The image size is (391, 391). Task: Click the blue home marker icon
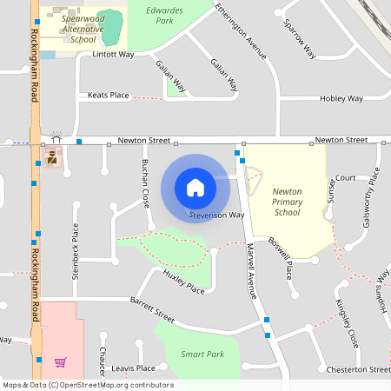[195, 187]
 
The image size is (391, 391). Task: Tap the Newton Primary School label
[287, 201]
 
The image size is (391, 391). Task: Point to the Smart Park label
[202, 355]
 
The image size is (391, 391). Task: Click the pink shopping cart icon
[60, 361]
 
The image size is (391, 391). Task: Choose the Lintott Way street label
[113, 54]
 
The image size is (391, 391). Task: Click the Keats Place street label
[108, 95]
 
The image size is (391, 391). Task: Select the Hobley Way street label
[341, 98]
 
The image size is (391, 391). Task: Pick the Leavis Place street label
[133, 368]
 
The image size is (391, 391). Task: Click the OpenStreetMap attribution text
[87, 385]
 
